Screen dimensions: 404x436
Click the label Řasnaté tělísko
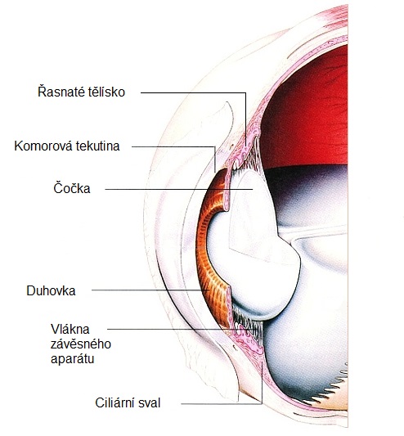[81, 92]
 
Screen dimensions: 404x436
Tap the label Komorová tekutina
[67, 146]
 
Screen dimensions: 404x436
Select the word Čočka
[72, 188]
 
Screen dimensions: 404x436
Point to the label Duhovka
[51, 291]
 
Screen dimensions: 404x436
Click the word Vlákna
[70, 329]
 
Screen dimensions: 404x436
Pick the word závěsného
[81, 344]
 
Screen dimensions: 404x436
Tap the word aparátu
[72, 359]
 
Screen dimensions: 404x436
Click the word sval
[151, 403]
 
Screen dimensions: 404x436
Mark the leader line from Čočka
[179, 189]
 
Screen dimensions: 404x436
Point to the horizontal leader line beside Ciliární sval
[222, 403]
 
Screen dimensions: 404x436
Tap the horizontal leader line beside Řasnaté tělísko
[193, 92]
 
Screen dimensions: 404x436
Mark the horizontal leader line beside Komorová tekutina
[173, 146]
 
